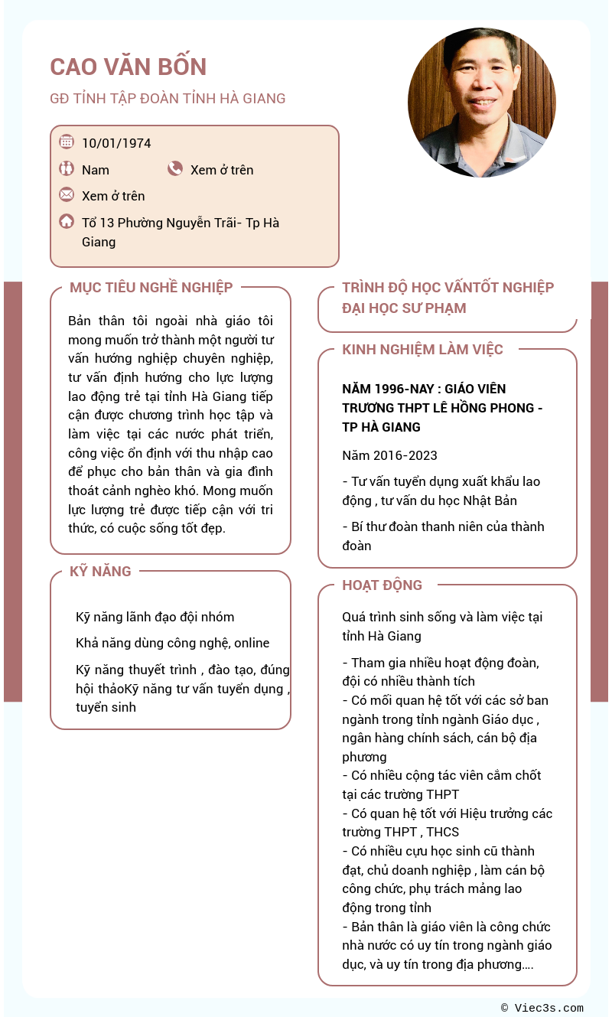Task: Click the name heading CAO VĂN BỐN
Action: (129, 67)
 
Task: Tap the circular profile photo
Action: (481, 103)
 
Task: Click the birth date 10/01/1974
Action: (116, 143)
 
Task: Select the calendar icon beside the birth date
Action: (67, 142)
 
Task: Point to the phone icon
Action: (175, 169)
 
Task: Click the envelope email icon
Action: (67, 195)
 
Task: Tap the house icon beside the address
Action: (67, 222)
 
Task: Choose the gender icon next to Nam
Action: (67, 169)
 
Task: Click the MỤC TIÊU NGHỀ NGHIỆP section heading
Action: (151, 288)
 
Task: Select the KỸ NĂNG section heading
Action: (100, 572)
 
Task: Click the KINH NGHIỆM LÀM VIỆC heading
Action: (422, 350)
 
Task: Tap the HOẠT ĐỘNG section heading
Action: (382, 585)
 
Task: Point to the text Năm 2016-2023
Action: (389, 455)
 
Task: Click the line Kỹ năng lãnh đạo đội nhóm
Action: (155, 617)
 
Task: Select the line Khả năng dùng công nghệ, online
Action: (172, 643)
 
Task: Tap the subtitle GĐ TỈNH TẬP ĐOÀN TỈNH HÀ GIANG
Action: (168, 99)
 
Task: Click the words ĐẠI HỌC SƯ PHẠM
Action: (404, 308)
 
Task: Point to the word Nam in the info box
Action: (96, 170)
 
